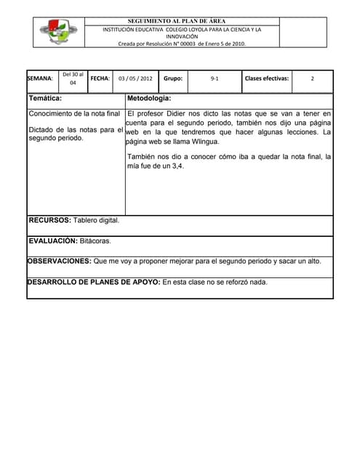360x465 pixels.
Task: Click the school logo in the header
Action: point(58,32)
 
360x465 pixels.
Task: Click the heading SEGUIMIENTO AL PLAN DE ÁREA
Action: point(181,22)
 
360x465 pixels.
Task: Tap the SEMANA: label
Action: point(40,78)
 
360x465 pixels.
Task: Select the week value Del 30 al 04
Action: point(73,78)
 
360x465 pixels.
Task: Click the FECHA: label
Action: point(100,78)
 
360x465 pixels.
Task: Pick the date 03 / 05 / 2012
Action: point(135,78)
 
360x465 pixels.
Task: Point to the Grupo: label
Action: point(173,78)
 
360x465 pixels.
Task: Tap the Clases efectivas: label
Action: point(267,78)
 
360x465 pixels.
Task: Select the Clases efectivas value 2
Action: point(312,78)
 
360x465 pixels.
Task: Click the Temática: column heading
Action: point(45,97)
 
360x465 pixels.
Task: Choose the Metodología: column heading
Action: point(149,97)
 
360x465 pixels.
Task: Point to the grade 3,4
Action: point(175,166)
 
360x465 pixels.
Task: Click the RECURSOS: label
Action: point(49,219)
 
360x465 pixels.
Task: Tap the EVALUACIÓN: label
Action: point(53,240)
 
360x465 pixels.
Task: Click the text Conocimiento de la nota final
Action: point(74,113)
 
